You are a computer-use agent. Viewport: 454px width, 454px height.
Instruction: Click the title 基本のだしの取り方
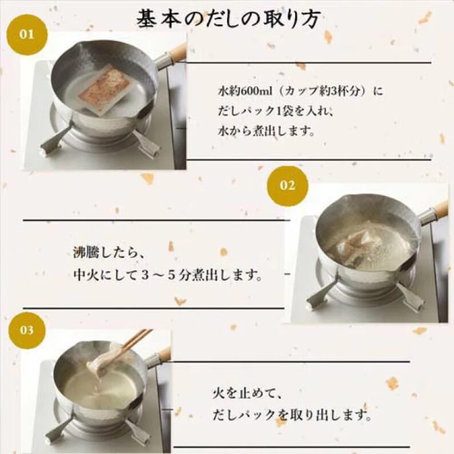228,19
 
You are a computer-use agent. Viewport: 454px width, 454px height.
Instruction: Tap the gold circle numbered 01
27,34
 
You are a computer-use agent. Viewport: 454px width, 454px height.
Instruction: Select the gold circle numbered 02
287,186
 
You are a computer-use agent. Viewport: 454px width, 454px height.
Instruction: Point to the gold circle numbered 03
27,330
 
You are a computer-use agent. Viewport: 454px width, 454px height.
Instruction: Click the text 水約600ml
245,91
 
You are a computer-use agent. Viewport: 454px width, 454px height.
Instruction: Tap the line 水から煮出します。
266,132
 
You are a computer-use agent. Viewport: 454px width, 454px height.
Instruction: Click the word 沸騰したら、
109,254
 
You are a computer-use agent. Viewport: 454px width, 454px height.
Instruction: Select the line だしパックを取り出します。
292,415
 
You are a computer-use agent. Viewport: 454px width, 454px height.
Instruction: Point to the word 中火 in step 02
86,274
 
